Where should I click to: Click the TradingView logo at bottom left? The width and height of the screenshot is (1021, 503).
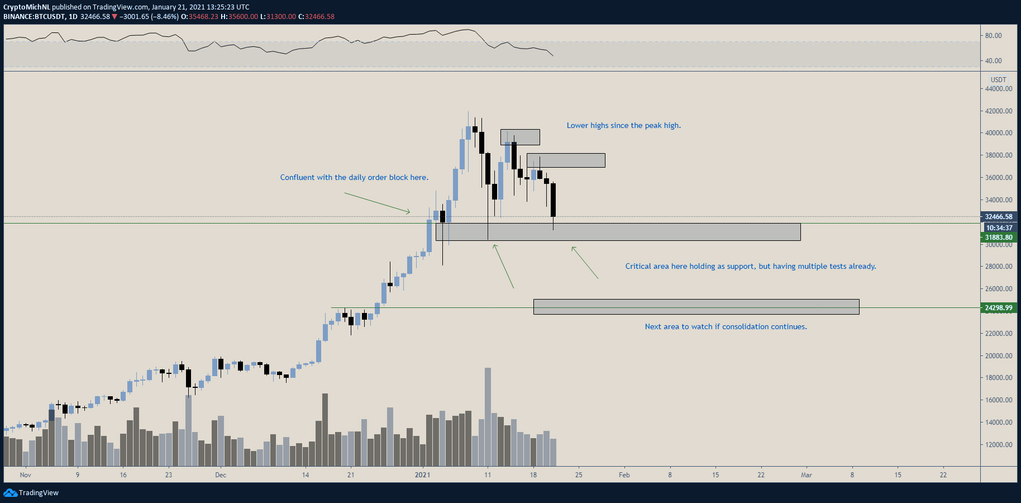[x=31, y=492]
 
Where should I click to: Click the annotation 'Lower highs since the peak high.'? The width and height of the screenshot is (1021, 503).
[x=624, y=125]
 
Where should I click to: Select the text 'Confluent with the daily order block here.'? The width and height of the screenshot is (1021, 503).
[x=354, y=177]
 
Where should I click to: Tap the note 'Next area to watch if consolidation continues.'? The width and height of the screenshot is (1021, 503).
[x=726, y=326]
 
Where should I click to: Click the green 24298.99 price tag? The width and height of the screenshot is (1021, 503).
[x=999, y=307]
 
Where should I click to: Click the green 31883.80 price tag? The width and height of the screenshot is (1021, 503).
[x=999, y=238]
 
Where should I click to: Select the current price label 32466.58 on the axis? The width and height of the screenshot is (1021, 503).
[x=999, y=217]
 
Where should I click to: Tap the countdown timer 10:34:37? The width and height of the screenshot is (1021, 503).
[x=999, y=227]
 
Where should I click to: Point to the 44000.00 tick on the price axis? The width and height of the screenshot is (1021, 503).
[x=999, y=88]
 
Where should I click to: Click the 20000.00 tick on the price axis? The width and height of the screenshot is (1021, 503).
[x=999, y=355]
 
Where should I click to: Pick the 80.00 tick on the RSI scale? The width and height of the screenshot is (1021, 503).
[x=994, y=36]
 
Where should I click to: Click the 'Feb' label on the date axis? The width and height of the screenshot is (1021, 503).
[x=624, y=475]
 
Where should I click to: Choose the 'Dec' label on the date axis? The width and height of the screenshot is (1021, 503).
[x=221, y=475]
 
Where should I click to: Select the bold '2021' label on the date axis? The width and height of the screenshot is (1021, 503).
[x=422, y=475]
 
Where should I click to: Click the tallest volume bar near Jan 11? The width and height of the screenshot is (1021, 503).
[x=488, y=417]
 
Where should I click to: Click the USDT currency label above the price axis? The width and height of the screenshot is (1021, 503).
[x=999, y=80]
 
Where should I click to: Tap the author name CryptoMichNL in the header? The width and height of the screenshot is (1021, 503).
[x=27, y=7]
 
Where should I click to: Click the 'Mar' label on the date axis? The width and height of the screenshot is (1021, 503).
[x=807, y=475]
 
